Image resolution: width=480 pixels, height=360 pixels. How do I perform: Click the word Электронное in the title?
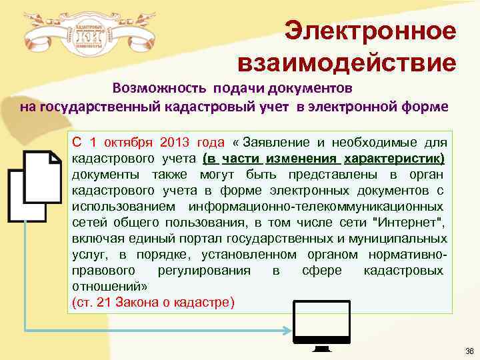coord(370,31)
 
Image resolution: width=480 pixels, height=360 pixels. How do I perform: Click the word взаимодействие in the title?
coord(347,63)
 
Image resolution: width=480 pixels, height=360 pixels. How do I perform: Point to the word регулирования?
coord(204,271)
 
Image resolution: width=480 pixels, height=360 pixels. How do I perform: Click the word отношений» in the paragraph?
coord(109,287)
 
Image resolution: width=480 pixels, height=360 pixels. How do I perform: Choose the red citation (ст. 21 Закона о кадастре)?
coord(153,303)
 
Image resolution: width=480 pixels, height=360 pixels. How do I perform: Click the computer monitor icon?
coord(323,326)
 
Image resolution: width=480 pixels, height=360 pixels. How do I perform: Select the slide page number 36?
coord(469,351)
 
